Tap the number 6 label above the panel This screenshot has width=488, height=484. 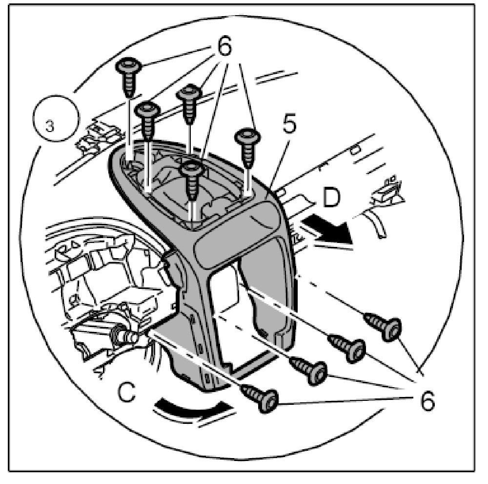224,51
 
